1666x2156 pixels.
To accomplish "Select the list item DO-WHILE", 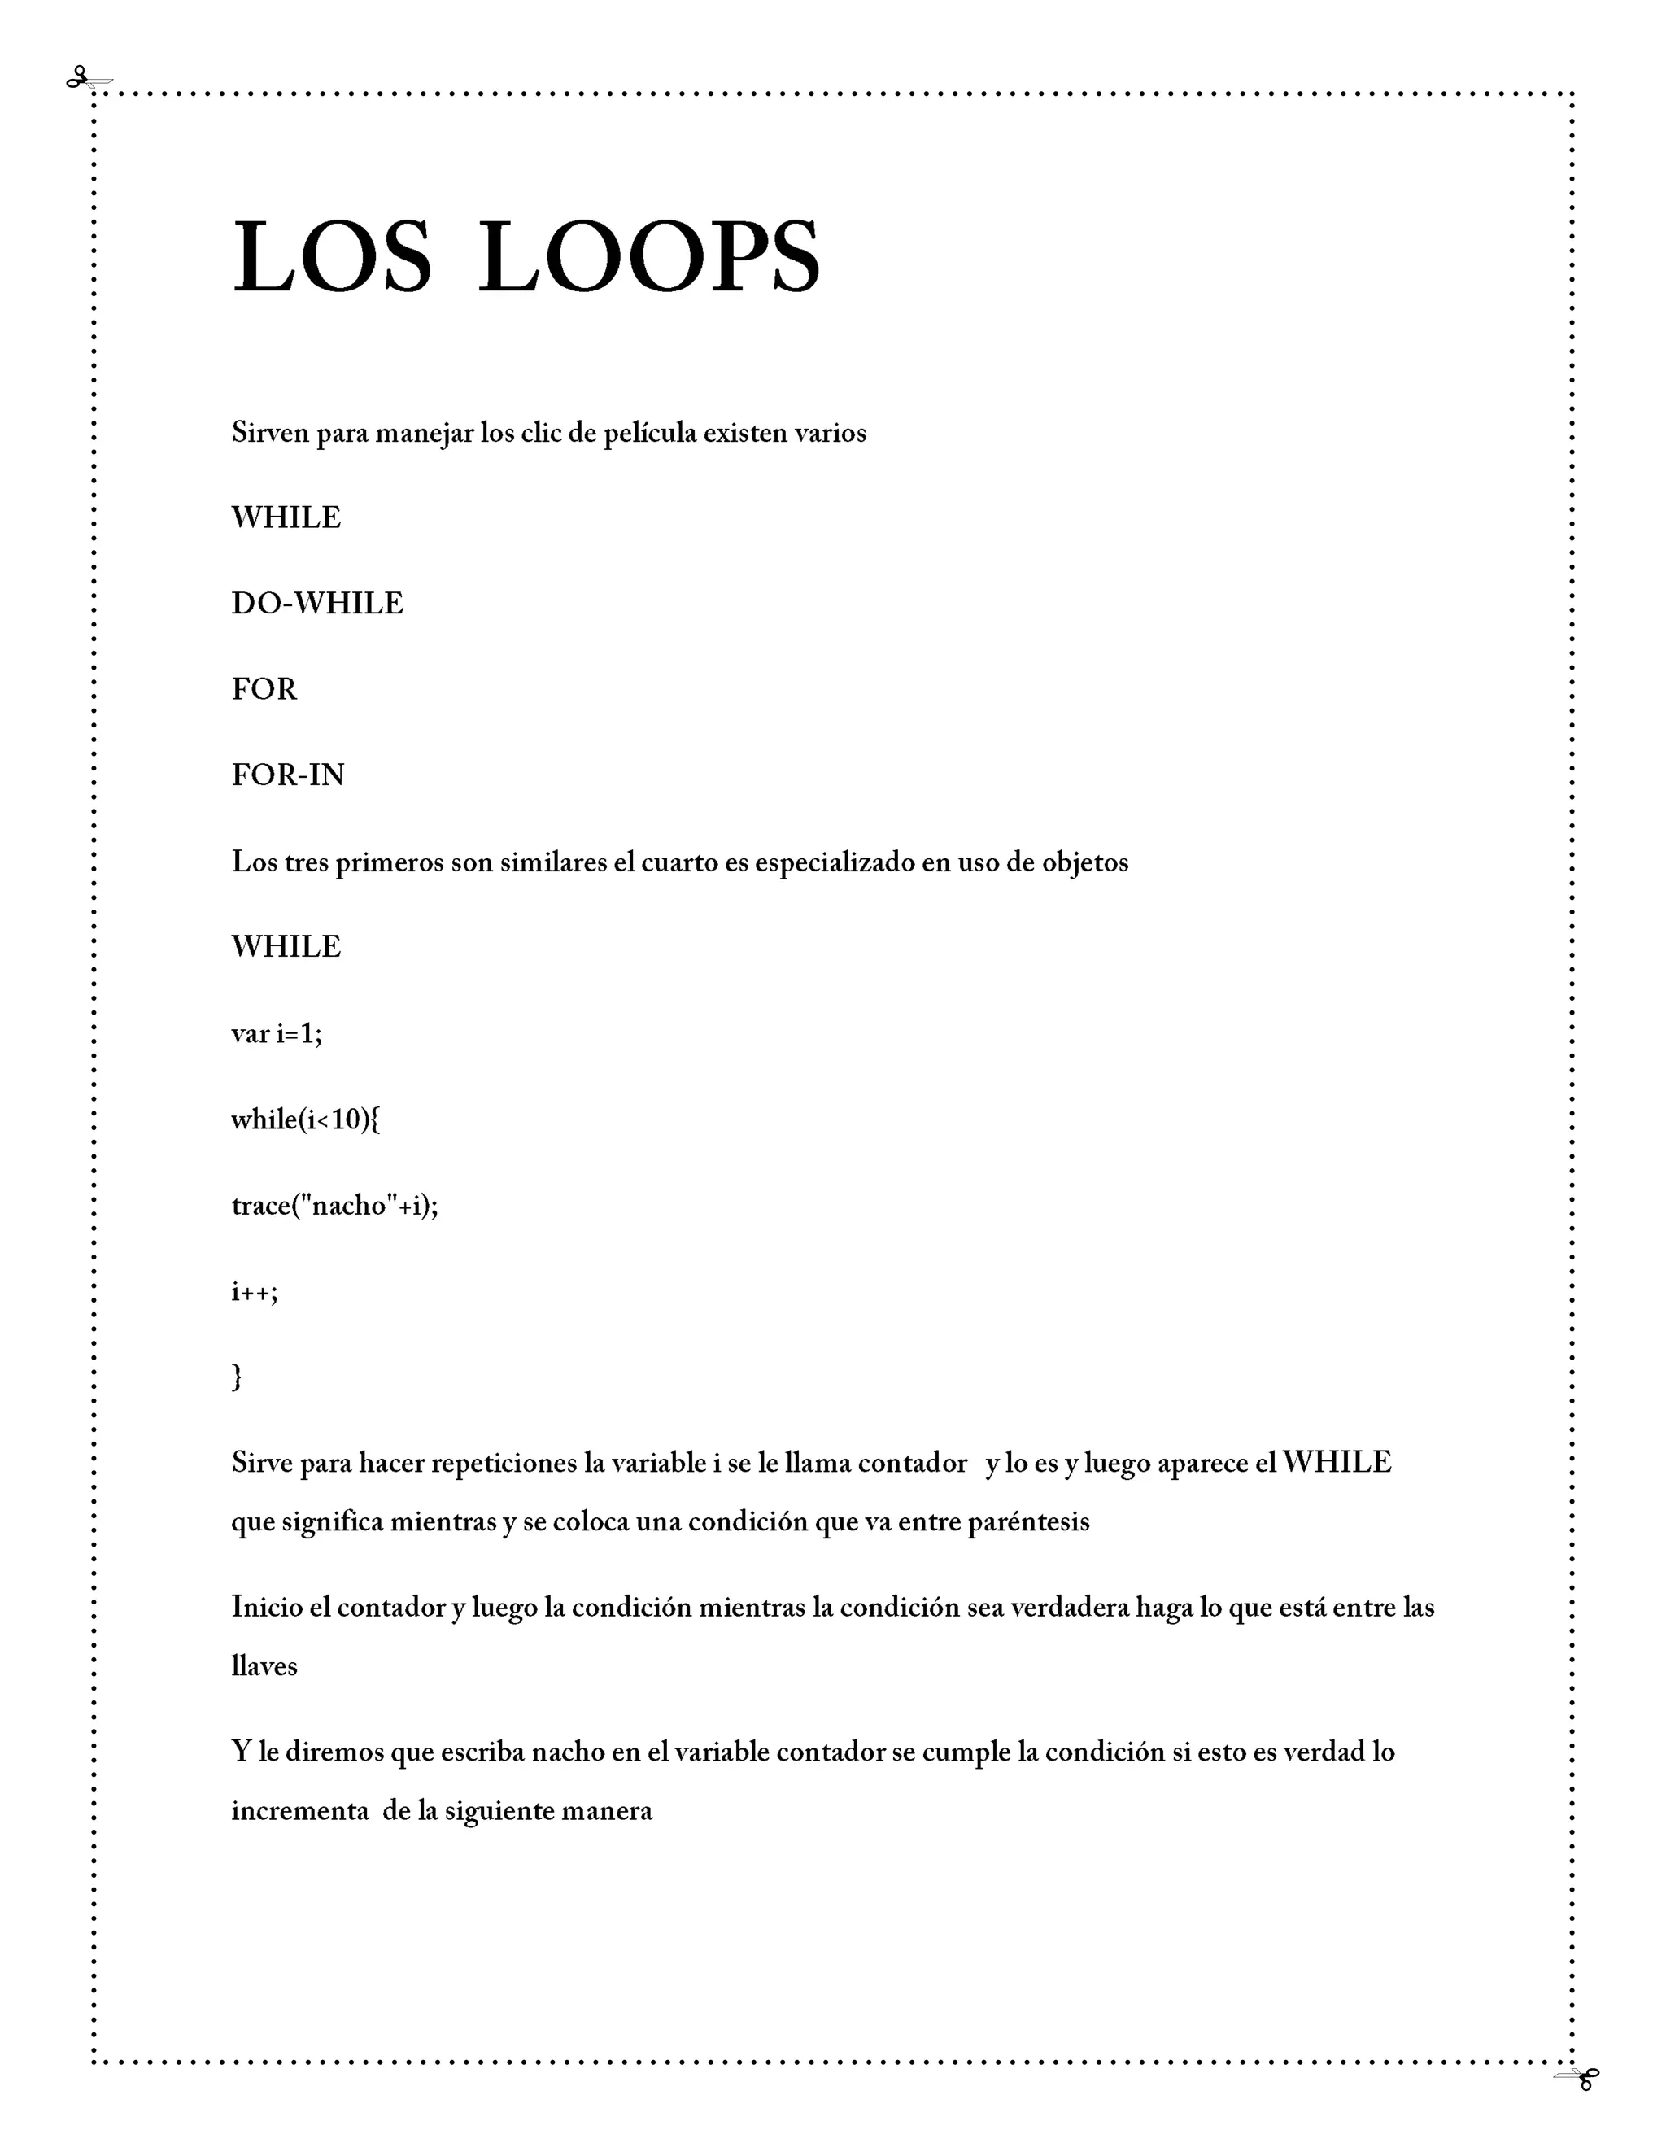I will [316, 603].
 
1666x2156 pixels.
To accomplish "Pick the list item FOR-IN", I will [287, 775].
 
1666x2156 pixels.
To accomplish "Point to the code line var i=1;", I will [277, 1033].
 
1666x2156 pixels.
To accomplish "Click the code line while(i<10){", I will [305, 1119].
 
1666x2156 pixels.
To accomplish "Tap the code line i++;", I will [255, 1291].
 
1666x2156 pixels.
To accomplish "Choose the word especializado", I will [835, 862].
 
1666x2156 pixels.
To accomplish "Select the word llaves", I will [264, 1666].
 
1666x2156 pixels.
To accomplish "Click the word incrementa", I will [300, 1812].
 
